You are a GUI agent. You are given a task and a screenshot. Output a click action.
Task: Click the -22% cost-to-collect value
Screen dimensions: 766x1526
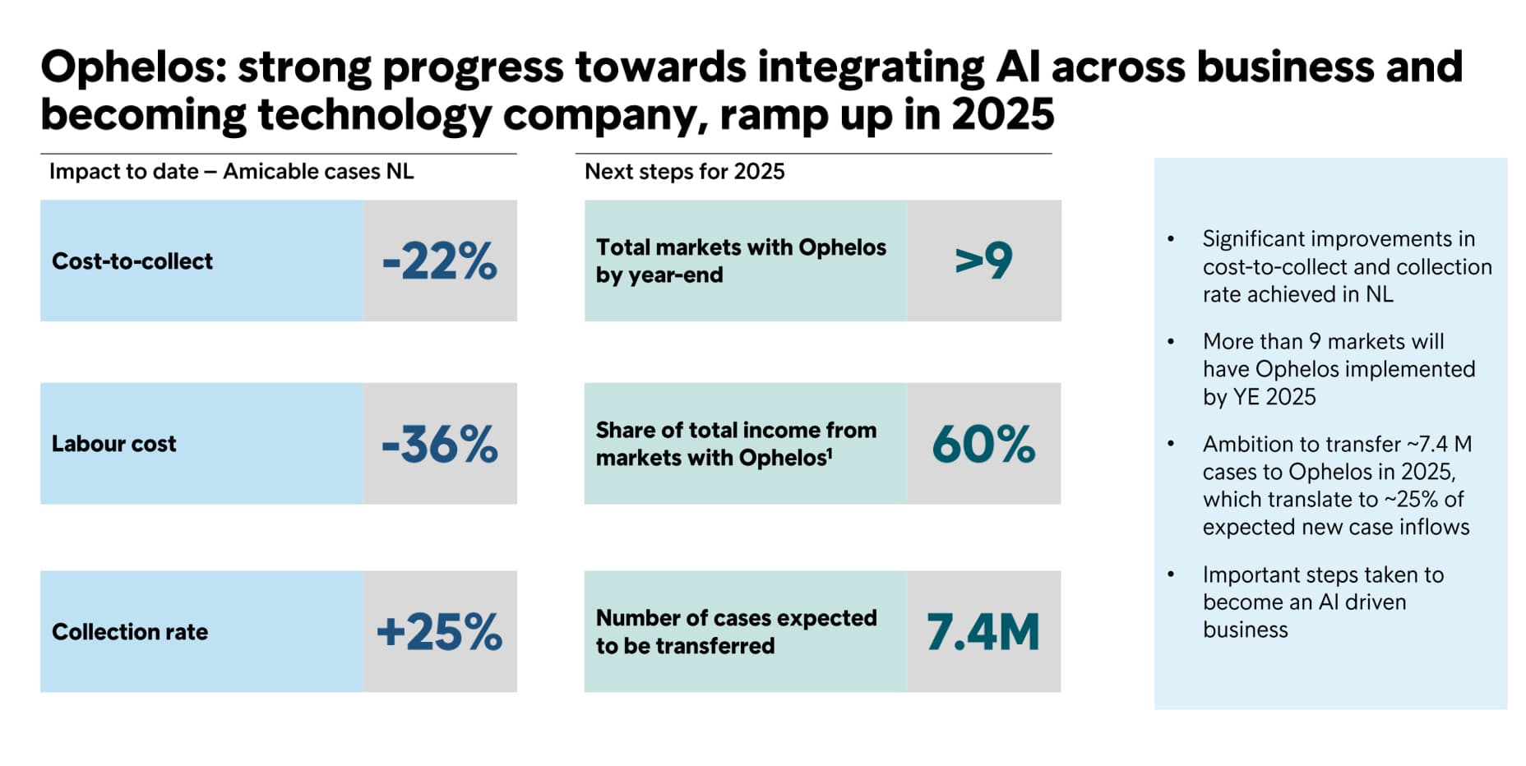440,261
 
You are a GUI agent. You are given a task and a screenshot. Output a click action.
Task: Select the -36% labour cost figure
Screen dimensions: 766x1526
440,444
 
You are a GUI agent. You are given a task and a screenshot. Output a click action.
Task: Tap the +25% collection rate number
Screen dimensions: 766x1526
440,632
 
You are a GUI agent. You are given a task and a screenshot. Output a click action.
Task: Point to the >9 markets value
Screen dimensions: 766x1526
983,261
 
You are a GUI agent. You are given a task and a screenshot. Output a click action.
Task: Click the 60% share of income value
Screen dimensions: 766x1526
983,444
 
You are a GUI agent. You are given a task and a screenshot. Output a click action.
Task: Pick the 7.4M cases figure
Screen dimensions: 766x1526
983,632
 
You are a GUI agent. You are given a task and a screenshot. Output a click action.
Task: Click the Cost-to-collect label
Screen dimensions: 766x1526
132,261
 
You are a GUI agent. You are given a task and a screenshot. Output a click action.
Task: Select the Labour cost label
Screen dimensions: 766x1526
114,444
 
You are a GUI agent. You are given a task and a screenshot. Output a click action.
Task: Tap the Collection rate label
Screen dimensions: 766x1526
130,632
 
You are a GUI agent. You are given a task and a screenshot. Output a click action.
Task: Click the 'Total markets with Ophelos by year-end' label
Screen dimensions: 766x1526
741,261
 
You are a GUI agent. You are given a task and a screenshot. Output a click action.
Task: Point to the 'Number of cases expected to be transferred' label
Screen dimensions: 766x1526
736,631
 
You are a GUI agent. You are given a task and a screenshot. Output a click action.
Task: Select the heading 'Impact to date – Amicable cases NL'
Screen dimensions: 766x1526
231,171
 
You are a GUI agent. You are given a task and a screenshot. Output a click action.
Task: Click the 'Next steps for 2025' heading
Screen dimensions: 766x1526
684,171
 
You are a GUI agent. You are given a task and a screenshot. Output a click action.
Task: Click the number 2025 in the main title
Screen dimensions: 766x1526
1002,114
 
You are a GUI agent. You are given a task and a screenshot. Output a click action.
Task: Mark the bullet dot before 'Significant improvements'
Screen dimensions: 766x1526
1171,239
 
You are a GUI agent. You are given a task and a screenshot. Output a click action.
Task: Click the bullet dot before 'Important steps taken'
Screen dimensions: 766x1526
1171,574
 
